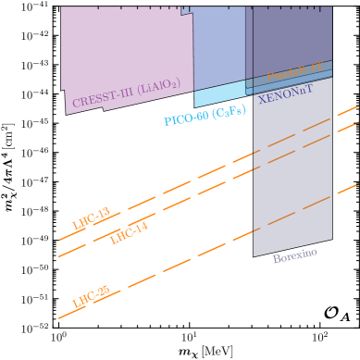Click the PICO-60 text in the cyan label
pyautogui.click(x=186, y=118)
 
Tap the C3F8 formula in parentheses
pyautogui.click(x=230, y=112)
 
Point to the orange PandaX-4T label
pyautogui.click(x=294, y=71)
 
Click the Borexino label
pyautogui.click(x=294, y=255)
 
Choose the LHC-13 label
pyautogui.click(x=91, y=218)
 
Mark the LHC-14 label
pyautogui.click(x=129, y=233)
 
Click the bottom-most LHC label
pyautogui.click(x=91, y=296)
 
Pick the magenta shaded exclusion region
pyautogui.click(x=125, y=56)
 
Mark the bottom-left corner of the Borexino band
pyautogui.click(x=254, y=255)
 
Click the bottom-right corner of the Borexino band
pyautogui.click(x=331, y=239)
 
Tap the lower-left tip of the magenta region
pyautogui.click(x=67, y=114)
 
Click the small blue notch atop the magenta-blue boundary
pyautogui.click(x=186, y=10)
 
